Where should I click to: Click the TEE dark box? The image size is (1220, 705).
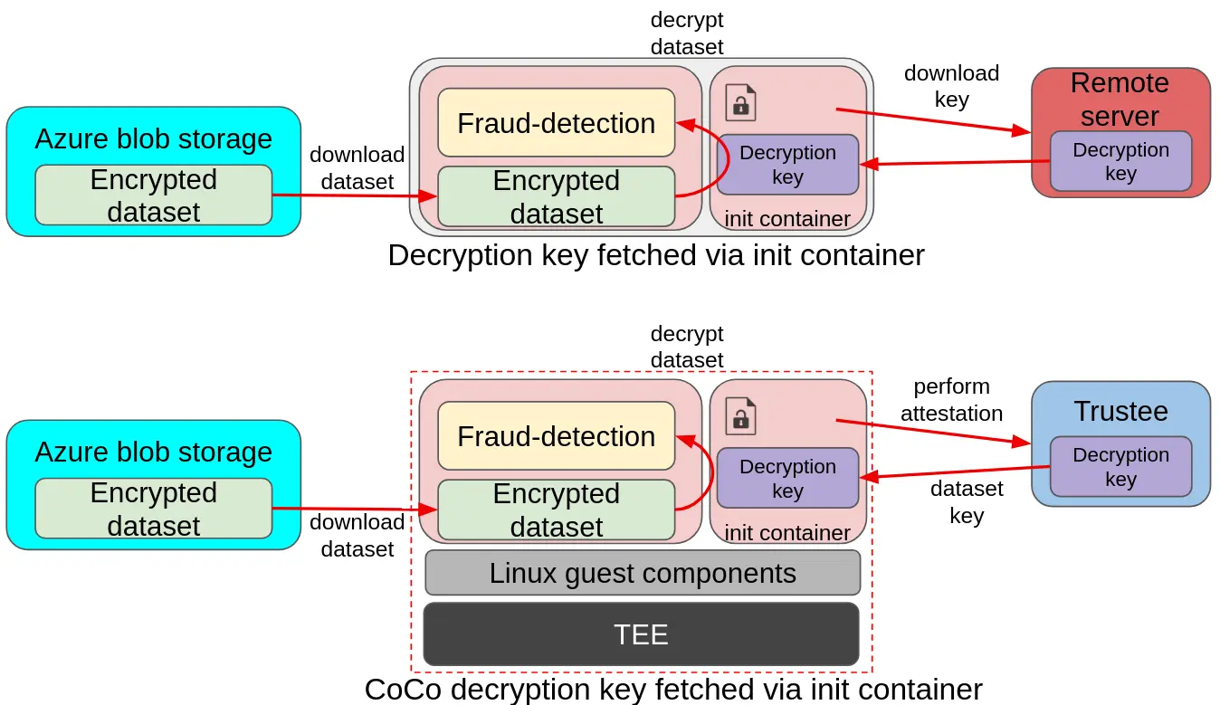click(641, 634)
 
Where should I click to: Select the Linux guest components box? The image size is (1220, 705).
click(643, 573)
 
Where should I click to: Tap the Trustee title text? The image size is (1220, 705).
click(1120, 411)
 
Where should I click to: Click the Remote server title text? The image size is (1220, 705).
click(1120, 100)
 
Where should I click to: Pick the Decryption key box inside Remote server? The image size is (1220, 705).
click(1120, 162)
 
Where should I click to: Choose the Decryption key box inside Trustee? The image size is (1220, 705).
click(1120, 467)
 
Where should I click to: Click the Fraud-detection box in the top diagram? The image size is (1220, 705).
click(556, 123)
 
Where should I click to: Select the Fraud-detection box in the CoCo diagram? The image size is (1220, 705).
click(556, 436)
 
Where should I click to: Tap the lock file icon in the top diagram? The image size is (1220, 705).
click(740, 102)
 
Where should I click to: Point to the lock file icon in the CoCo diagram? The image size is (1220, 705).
click(740, 415)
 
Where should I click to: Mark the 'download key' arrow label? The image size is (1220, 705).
click(951, 86)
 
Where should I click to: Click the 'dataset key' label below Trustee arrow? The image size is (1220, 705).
click(967, 502)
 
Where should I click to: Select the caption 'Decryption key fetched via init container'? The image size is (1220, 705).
click(655, 255)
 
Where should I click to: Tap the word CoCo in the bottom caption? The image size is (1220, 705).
click(403, 690)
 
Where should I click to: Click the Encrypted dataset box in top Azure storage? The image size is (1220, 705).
click(154, 195)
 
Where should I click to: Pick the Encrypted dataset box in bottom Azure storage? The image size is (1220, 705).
click(154, 509)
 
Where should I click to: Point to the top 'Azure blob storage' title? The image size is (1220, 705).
click(154, 139)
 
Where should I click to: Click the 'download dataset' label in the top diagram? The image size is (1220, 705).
click(357, 168)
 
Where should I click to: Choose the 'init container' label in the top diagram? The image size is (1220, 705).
click(787, 219)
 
